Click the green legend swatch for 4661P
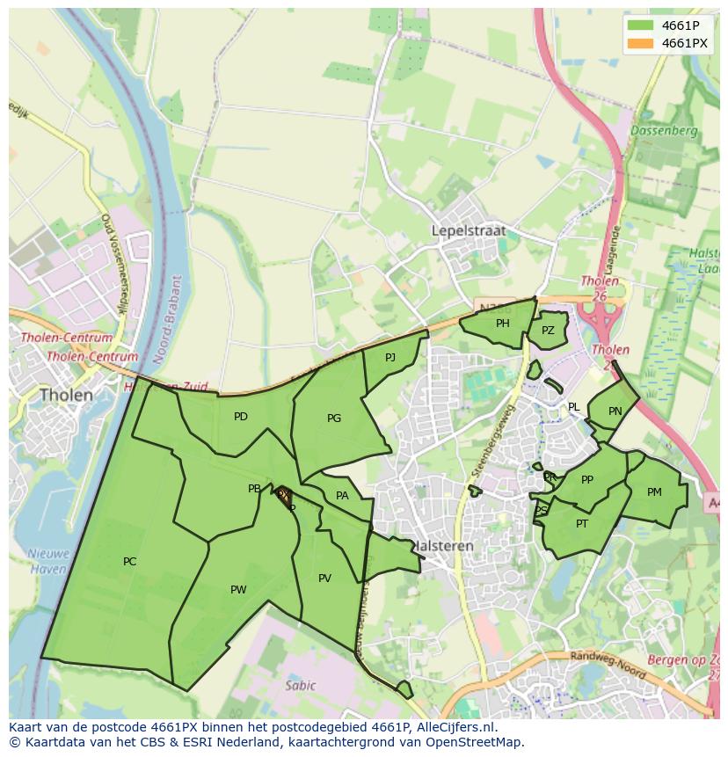pyautogui.click(x=640, y=25)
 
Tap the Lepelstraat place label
pyautogui.click(x=469, y=230)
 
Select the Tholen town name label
pyautogui.click(x=66, y=395)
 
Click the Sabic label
pyautogui.click(x=300, y=685)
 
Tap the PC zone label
pyautogui.click(x=129, y=561)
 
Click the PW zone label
pyautogui.click(x=238, y=589)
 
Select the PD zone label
pyautogui.click(x=240, y=417)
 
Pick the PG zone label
pyautogui.click(x=333, y=418)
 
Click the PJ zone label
pyautogui.click(x=390, y=356)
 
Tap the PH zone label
pyautogui.click(x=502, y=323)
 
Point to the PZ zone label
pyautogui.click(x=548, y=331)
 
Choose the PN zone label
pyautogui.click(x=615, y=411)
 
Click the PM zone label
pyautogui.click(x=653, y=492)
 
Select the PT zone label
pyautogui.click(x=581, y=523)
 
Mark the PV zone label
pyautogui.click(x=324, y=578)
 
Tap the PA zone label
pyautogui.click(x=342, y=495)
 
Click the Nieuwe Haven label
pyautogui.click(x=47, y=561)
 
